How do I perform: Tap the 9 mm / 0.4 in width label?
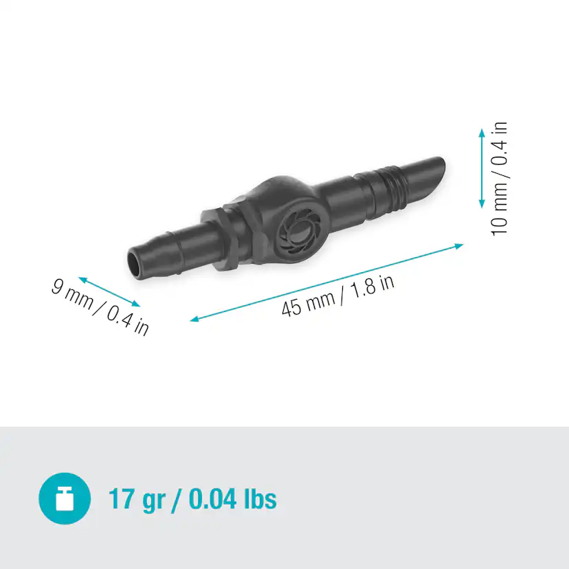pyautogui.click(x=100, y=306)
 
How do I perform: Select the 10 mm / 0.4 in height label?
pyautogui.click(x=500, y=178)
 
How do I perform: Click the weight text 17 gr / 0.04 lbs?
pyautogui.click(x=192, y=498)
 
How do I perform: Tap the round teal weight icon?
pyautogui.click(x=65, y=498)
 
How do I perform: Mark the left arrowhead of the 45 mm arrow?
pyautogui.click(x=194, y=320)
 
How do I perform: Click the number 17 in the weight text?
pyautogui.click(x=121, y=498)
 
